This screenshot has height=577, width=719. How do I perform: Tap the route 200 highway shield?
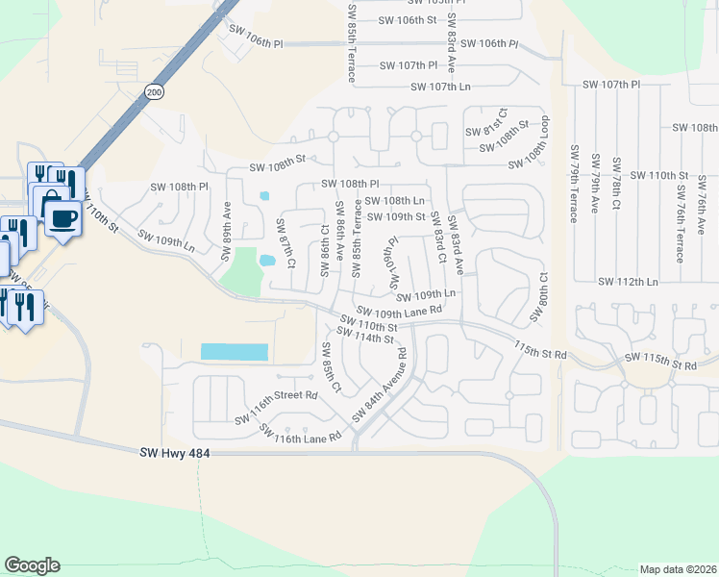click(x=154, y=91)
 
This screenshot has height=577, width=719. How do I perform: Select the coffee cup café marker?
click(x=63, y=218)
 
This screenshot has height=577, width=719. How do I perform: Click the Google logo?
click(x=32, y=565)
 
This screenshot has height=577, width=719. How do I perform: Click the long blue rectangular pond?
click(x=234, y=353)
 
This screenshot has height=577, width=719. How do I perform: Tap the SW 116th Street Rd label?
click(x=277, y=395)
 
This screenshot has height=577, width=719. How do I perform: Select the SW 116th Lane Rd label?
click(x=301, y=436)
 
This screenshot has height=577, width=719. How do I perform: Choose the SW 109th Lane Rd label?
click(x=399, y=311)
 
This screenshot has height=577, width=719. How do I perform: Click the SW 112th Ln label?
click(x=628, y=282)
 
